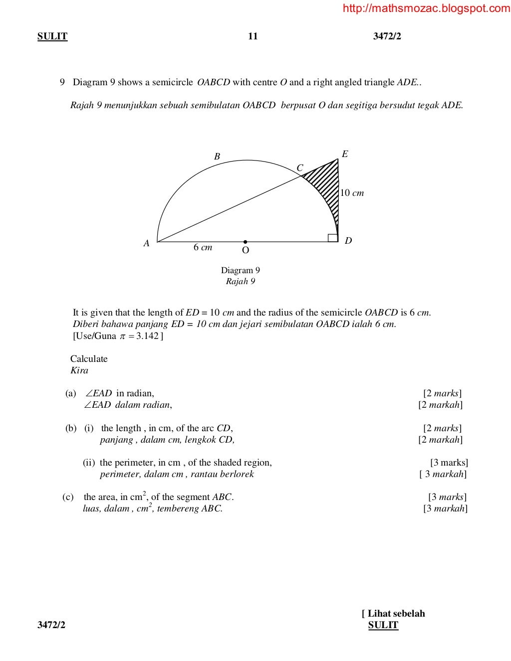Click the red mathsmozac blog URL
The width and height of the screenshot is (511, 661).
(426, 8)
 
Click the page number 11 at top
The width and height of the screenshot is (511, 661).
(253, 36)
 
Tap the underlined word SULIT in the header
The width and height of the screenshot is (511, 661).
(52, 36)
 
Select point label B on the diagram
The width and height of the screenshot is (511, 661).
(217, 157)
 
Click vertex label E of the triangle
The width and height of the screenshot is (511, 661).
(344, 154)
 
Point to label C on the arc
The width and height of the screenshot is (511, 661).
(299, 168)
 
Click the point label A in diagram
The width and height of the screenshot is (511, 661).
(146, 244)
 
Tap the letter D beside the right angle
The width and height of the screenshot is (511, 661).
(348, 241)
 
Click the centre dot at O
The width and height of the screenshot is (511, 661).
(245, 242)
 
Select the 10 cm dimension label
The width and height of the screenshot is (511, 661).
(352, 193)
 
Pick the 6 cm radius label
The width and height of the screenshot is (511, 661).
(203, 247)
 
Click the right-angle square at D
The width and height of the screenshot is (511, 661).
(332, 237)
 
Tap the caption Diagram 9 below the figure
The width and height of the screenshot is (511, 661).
(241, 270)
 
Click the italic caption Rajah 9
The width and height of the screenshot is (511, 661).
(241, 281)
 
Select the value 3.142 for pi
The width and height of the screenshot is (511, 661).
(147, 335)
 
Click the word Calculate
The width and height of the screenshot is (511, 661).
(89, 358)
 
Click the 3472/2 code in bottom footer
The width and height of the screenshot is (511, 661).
(51, 625)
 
